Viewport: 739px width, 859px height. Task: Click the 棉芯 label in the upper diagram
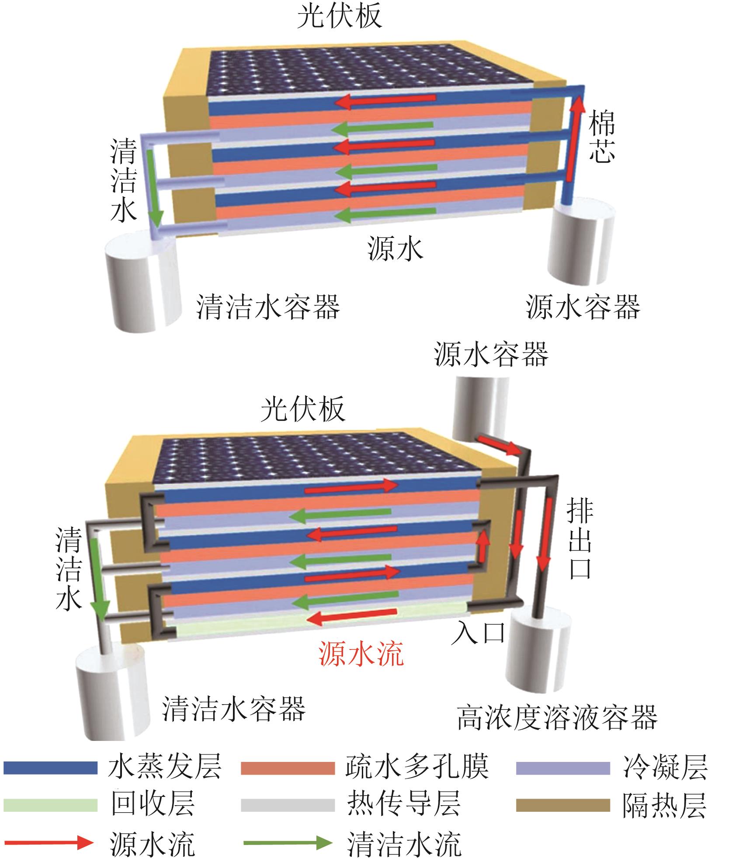(x=601, y=136)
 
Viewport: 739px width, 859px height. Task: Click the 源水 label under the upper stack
(x=395, y=248)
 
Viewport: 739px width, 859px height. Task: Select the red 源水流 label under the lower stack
(x=361, y=655)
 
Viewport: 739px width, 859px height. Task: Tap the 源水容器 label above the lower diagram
(x=491, y=354)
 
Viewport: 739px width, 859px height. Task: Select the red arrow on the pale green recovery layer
(x=352, y=618)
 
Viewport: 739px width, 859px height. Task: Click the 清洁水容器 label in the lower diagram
(x=234, y=709)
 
